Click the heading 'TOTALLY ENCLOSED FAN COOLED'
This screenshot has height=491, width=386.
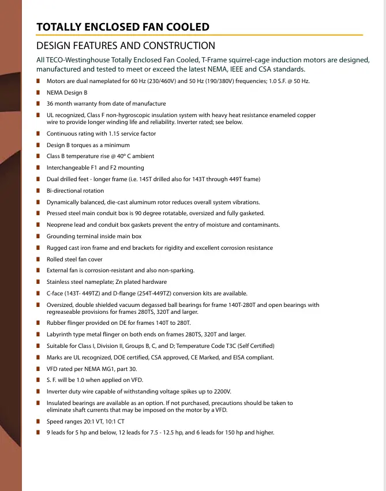pos(122,27)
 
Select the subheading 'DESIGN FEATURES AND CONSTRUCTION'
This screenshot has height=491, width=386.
pos(126,46)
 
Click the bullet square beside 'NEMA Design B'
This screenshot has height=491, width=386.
pos(38,92)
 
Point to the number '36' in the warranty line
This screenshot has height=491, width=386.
pos(50,104)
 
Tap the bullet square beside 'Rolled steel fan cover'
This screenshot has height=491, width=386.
pos(38,260)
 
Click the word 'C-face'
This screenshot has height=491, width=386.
pos(56,294)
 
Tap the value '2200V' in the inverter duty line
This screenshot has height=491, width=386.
pos(223,392)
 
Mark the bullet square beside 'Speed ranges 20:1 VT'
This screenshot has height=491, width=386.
pos(38,422)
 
